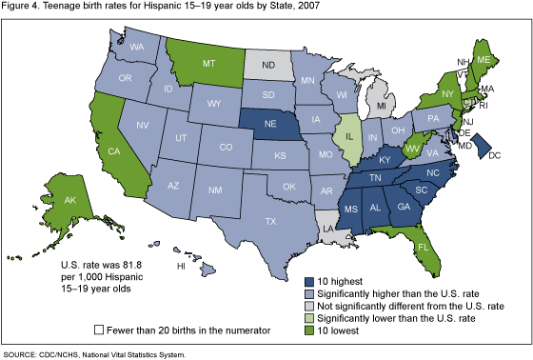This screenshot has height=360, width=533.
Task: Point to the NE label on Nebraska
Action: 270,124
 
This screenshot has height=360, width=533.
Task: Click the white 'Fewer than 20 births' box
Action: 99,329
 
